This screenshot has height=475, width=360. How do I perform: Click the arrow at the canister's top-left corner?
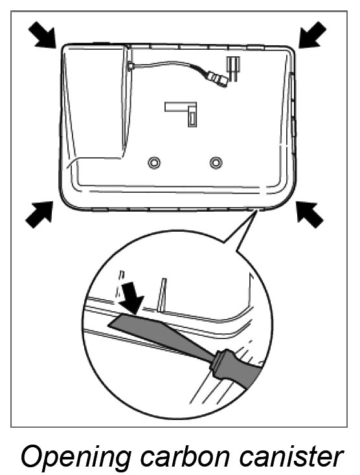click(43, 35)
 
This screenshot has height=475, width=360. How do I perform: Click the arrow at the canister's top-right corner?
click(313, 34)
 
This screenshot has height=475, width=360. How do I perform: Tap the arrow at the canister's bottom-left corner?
click(39, 214)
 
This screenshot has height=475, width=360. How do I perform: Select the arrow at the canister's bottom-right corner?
click(309, 214)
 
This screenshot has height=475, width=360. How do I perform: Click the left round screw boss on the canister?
click(154, 162)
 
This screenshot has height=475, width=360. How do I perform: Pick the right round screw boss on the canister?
click(216, 162)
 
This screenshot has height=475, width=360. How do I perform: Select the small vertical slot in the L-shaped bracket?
click(192, 118)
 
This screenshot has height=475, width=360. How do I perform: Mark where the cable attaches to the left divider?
click(131, 65)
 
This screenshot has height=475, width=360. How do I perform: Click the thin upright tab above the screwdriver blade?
click(163, 294)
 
